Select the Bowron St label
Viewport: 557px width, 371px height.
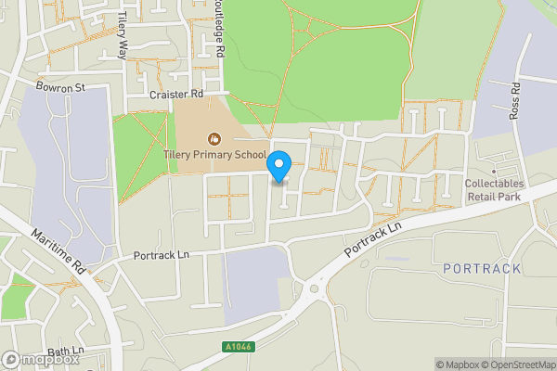pos(60,87)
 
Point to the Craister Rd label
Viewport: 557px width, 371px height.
pos(175,95)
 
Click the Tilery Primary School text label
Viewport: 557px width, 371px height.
pos(214,155)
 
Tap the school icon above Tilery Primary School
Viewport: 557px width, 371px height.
pos(214,140)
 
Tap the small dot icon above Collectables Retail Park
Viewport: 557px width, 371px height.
pos(495,172)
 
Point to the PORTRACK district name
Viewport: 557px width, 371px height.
pos(482,268)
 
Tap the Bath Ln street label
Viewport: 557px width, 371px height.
pos(65,352)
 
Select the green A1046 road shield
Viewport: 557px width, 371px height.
pos(238,347)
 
